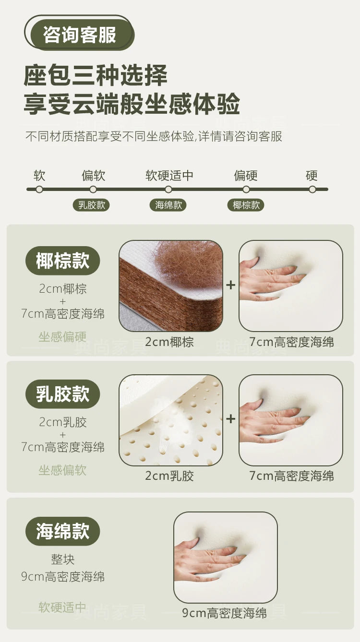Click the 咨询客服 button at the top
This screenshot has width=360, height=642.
pos(79,34)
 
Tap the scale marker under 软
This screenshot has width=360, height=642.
pos(39,190)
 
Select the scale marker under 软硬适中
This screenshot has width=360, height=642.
pos(168,190)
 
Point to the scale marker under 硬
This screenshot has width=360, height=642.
pos(312,190)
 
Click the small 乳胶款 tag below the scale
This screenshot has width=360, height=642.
pos(91,205)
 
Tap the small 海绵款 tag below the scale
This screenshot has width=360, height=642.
pos(168,205)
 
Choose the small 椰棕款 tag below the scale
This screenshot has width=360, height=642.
pos(246,205)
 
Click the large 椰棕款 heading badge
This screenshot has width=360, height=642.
pos(62,261)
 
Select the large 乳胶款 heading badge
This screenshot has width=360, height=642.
pos(62,394)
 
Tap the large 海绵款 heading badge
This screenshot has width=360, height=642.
pos(62,531)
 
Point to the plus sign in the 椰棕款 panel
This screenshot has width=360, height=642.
pos(231,285)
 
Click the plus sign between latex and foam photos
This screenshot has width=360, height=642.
pos(231,419)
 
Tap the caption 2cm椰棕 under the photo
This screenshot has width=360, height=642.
pos(169,342)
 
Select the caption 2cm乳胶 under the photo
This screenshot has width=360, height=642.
pos(169,476)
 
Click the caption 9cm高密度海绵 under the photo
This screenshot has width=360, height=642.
pos(225,613)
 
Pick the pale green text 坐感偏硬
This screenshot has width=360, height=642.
pos(62,337)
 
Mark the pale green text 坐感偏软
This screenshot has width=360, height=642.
pos(62,470)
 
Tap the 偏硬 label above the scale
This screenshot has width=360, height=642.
pos(246,176)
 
